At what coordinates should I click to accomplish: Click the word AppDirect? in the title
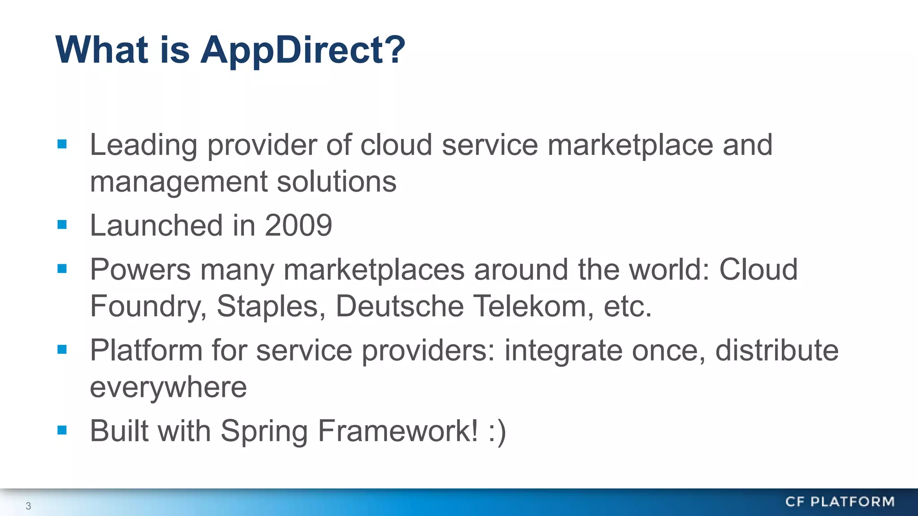click(303, 50)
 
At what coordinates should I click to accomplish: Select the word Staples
click(271, 306)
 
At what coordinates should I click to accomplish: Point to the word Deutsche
click(399, 306)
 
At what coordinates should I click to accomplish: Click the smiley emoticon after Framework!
click(498, 431)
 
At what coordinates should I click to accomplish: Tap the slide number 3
click(28, 506)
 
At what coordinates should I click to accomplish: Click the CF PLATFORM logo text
click(840, 502)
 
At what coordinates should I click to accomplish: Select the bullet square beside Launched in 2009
click(62, 224)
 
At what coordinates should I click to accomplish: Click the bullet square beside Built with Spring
click(62, 430)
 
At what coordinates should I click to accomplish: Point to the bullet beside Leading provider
click(62, 144)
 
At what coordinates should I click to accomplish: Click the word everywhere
click(168, 387)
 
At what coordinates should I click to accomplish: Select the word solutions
click(337, 181)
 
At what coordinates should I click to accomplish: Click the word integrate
click(563, 351)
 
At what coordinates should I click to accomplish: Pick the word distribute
click(777, 350)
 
